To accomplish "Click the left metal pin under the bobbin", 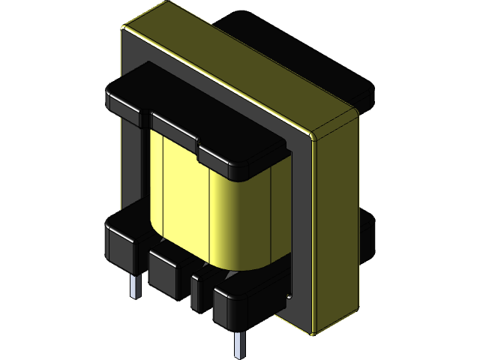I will click(x=135, y=286).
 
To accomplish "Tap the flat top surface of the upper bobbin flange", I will click(x=187, y=105).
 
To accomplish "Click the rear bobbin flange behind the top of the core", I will click(x=337, y=60).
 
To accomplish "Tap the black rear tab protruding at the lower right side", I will click(x=367, y=232).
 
